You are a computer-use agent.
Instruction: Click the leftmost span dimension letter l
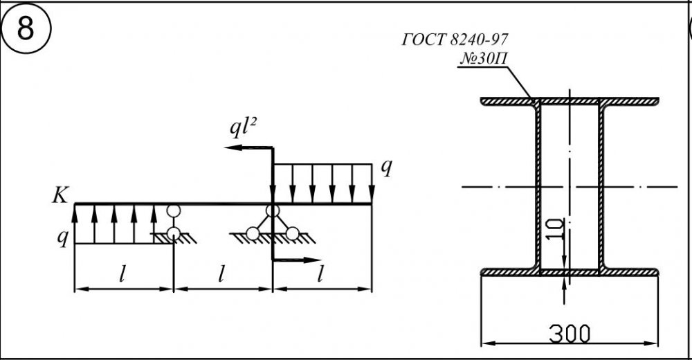pyautogui.click(x=122, y=275)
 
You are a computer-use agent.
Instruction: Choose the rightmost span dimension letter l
pyautogui.click(x=320, y=275)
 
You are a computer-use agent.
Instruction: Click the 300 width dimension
pyautogui.click(x=570, y=334)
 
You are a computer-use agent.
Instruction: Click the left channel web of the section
pyautogui.click(x=537, y=187)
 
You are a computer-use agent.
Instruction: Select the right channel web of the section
pyautogui.click(x=601, y=187)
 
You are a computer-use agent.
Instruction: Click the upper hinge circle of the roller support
pyautogui.click(x=173, y=211)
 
